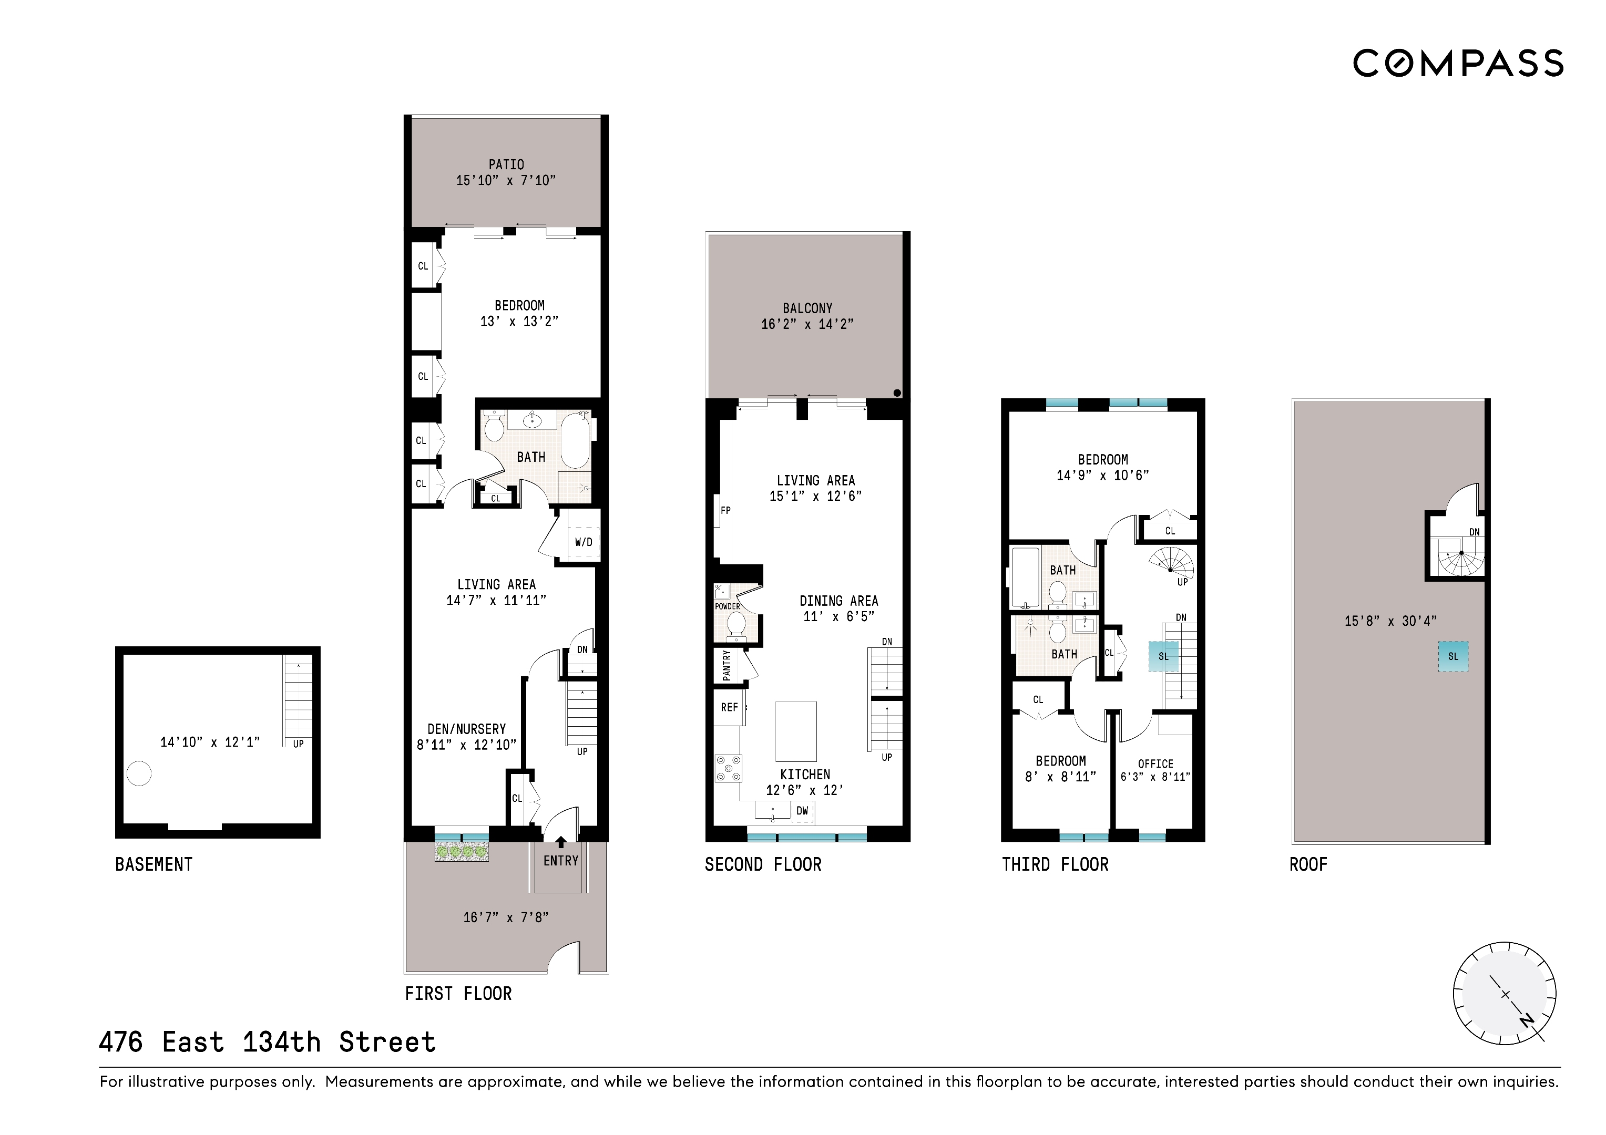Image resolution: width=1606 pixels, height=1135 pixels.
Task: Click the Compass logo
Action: pos(1458,64)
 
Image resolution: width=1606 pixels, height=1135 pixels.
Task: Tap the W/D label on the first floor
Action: pos(584,542)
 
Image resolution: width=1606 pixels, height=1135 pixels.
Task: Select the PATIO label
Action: pos(506,164)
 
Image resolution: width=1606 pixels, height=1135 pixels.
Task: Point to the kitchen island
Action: pos(796,731)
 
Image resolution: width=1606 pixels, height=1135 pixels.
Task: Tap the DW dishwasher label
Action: pos(802,810)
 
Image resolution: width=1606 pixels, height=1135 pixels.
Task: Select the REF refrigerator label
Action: pos(730,707)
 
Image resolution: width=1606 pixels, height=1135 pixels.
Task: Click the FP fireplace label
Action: pos(725,511)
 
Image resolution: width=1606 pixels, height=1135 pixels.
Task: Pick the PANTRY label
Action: pos(727,665)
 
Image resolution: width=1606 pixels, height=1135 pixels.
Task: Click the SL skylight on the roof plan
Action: pos(1453,657)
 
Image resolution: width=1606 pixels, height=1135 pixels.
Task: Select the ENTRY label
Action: pos(561,861)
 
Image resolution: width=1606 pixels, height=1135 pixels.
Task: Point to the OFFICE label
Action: pos(1155,763)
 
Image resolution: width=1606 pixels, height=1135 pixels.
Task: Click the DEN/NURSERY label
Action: pos(466,729)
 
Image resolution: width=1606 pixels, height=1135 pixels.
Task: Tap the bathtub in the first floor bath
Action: pos(575,440)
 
